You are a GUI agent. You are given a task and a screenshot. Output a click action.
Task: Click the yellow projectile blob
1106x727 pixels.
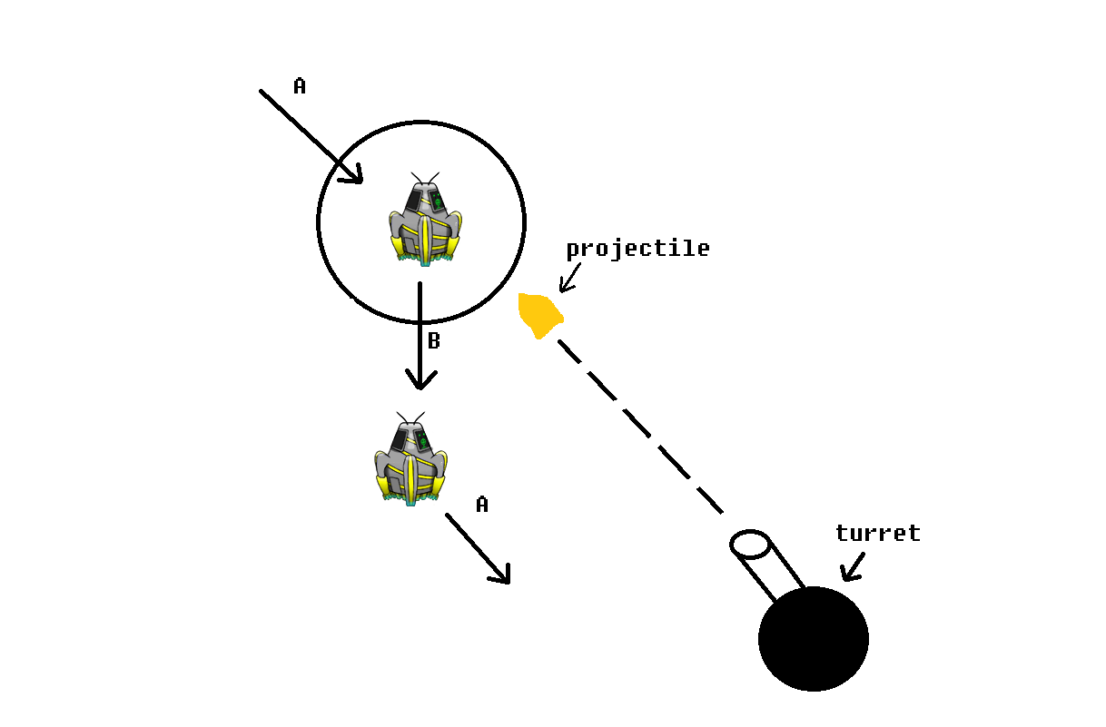pyautogui.click(x=539, y=315)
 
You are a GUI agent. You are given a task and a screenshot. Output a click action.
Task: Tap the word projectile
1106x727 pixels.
pyautogui.click(x=637, y=249)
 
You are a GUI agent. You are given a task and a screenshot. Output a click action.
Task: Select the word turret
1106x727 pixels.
pyautogui.click(x=877, y=534)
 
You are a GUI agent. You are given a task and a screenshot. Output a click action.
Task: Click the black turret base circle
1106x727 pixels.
pyautogui.click(x=814, y=639)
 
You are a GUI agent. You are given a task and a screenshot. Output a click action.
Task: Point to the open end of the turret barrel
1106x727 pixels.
pyautogui.click(x=750, y=545)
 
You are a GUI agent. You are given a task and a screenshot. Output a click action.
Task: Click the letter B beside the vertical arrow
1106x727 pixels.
pyautogui.click(x=434, y=341)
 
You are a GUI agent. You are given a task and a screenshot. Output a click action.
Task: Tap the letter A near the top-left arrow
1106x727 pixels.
pyautogui.click(x=300, y=86)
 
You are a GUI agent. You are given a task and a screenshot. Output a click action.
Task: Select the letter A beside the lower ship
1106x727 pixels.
pyautogui.click(x=482, y=505)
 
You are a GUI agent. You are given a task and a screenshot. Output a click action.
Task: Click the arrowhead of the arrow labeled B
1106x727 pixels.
pyautogui.click(x=420, y=378)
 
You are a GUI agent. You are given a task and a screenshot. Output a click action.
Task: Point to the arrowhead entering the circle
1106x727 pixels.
pyautogui.click(x=352, y=173)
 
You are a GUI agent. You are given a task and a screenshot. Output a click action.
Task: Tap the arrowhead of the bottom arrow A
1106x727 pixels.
pyautogui.click(x=501, y=574)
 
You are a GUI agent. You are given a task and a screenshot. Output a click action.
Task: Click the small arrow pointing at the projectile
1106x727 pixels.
pyautogui.click(x=568, y=279)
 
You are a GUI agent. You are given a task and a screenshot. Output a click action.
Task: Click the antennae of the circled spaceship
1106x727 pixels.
pyautogui.click(x=425, y=178)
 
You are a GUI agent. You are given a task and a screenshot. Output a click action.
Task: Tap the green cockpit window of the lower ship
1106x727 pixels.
pyautogui.click(x=422, y=441)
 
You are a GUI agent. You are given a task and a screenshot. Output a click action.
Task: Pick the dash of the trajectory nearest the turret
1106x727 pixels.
pyautogui.click(x=710, y=500)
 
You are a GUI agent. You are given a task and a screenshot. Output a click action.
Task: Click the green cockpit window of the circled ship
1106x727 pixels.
pyautogui.click(x=437, y=201)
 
